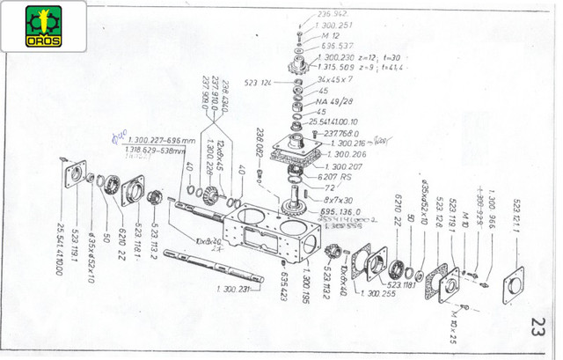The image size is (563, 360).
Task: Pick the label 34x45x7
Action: [336, 79]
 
